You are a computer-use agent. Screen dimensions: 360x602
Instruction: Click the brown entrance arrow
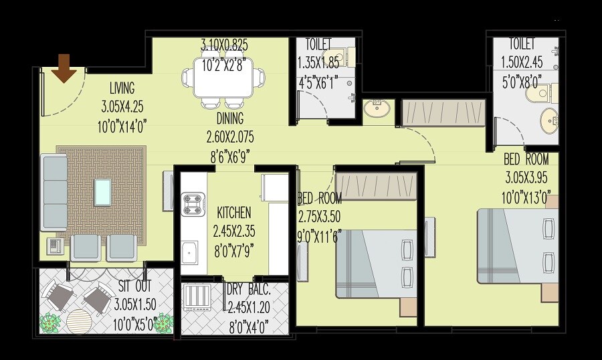[x=64, y=69]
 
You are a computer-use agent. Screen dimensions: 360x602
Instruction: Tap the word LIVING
[x=122, y=88]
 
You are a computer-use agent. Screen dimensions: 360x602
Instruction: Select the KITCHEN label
[x=234, y=213]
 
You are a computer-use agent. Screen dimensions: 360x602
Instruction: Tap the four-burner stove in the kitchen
[x=193, y=204]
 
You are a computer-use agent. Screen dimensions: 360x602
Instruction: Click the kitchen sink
[x=189, y=254]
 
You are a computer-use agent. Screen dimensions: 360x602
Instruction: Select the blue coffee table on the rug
[x=103, y=192]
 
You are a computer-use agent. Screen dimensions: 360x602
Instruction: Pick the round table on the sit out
[x=80, y=320]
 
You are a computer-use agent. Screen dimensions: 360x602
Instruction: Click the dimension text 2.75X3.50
[x=320, y=217]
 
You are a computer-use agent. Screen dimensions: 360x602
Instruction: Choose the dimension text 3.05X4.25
[x=122, y=106]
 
